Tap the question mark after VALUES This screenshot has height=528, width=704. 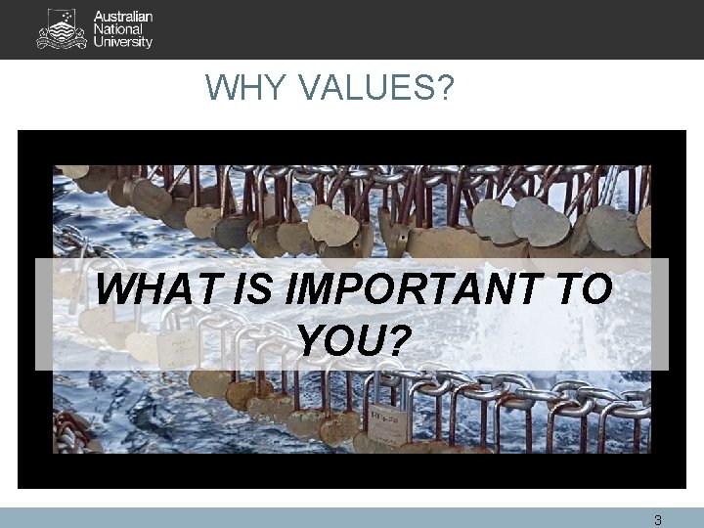445,90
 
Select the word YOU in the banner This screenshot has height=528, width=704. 341,341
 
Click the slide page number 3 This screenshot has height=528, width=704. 658,520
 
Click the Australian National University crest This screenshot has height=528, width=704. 62,29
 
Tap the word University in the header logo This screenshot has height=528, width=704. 123,43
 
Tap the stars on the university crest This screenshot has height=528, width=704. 66,17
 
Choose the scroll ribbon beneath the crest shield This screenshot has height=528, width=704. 62,43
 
